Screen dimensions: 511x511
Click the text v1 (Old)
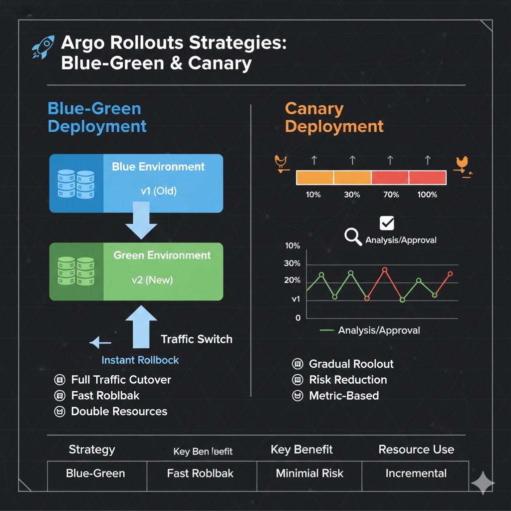point(158,191)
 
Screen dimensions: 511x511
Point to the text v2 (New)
point(152,280)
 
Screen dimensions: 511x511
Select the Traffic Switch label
point(197,339)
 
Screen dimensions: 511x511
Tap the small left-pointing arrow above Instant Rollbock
point(100,342)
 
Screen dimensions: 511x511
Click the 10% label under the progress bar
point(313,195)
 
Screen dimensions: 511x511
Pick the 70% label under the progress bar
point(391,195)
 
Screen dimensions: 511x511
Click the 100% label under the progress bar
point(427,195)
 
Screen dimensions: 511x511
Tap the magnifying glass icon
point(353,237)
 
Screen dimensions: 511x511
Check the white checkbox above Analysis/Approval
point(387,223)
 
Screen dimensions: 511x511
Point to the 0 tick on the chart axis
point(298,318)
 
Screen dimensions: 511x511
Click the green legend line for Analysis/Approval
point(326,330)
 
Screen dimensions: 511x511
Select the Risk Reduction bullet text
point(348,380)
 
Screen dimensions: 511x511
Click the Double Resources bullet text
point(119,412)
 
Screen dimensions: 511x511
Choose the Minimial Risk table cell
point(309,474)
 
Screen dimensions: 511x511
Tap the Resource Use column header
point(416,450)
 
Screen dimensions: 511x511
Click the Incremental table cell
point(416,474)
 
